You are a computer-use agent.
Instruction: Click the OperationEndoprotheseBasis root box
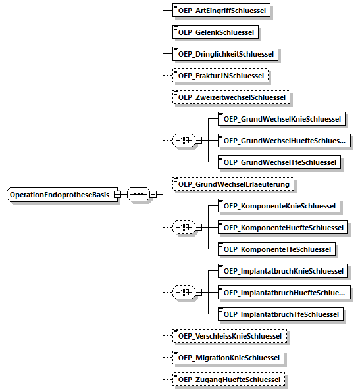point(62,195)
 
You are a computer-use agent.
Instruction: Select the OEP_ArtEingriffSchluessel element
point(221,11)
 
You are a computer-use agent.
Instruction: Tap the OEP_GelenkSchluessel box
point(215,32)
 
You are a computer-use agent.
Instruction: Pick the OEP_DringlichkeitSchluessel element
point(225,53)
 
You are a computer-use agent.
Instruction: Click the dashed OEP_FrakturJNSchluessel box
point(220,76)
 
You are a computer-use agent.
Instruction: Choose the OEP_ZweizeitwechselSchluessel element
point(231,97)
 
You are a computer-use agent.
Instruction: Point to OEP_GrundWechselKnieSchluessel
point(282,119)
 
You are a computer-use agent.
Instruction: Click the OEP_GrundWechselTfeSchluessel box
point(279,162)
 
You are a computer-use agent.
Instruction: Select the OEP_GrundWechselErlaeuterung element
point(233,184)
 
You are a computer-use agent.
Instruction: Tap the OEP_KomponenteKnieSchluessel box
point(279,206)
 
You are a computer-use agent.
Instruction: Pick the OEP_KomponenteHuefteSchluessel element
point(283,228)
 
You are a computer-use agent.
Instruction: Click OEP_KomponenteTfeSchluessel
point(276,249)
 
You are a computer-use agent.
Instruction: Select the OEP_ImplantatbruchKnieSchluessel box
point(283,271)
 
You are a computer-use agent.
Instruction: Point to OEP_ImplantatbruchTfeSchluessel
point(281,314)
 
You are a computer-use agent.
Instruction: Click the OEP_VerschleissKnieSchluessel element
point(230,336)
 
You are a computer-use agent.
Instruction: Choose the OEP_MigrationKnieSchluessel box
point(228,358)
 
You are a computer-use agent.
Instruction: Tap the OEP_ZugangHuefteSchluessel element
point(228,380)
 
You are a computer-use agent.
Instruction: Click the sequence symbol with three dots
point(138,194)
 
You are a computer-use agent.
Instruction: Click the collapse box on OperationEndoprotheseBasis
point(117,194)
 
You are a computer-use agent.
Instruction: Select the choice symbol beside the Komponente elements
point(184,228)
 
